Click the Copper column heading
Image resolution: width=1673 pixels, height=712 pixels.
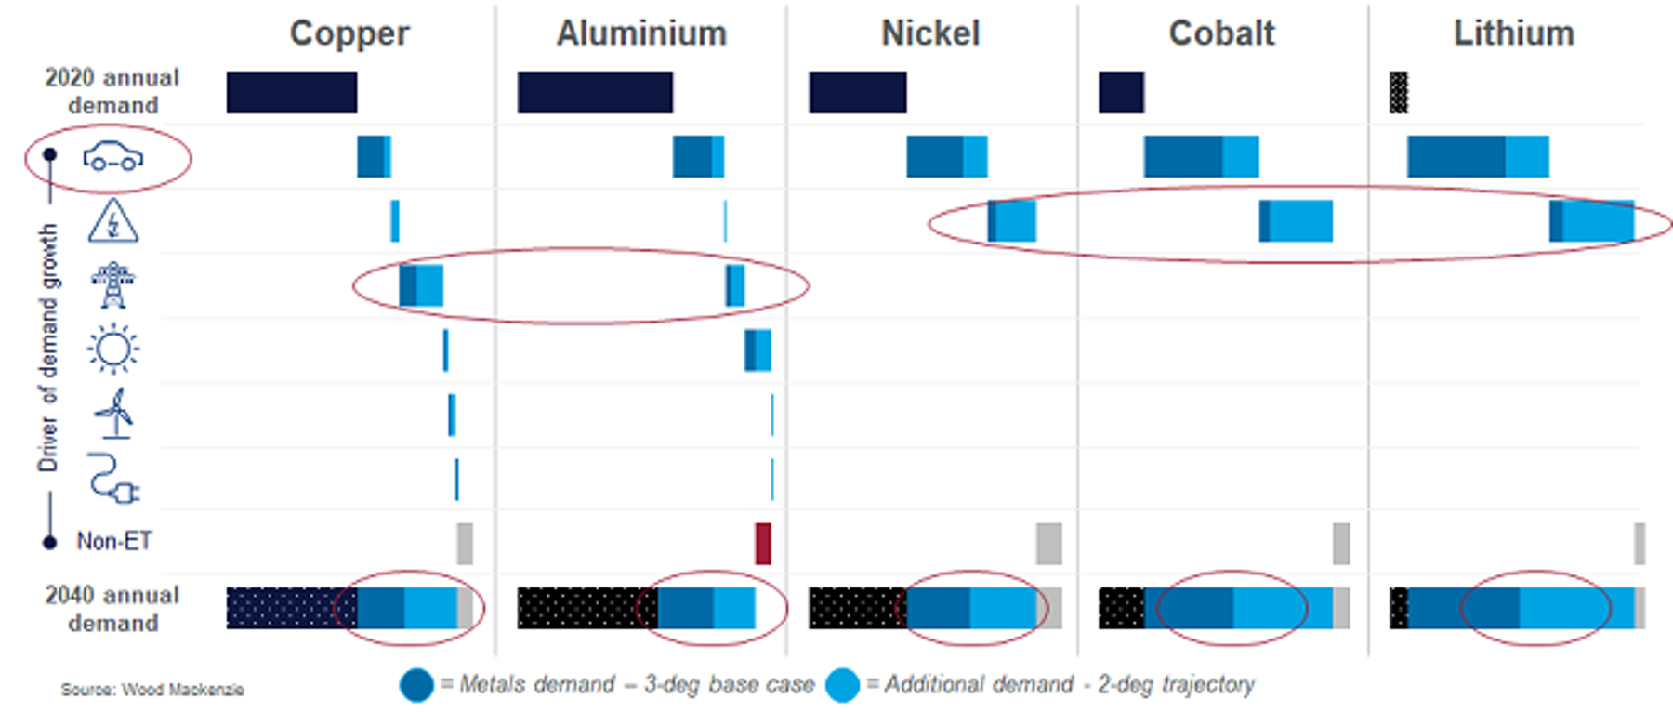[x=349, y=33]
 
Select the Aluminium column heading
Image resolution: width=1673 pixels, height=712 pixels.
[x=641, y=33]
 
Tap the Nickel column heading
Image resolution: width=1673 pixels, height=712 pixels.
[x=930, y=33]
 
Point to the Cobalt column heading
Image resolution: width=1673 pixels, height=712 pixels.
[x=1221, y=33]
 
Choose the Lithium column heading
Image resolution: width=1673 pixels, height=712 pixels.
[x=1514, y=33]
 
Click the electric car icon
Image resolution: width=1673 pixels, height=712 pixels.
[x=113, y=158]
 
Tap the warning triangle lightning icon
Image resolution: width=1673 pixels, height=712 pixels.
[x=113, y=221]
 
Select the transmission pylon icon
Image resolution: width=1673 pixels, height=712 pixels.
[x=113, y=284]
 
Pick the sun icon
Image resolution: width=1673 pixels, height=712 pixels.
[x=113, y=349]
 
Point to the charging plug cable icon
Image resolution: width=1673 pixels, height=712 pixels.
[x=113, y=479]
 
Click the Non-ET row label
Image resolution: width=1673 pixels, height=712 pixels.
[x=113, y=541]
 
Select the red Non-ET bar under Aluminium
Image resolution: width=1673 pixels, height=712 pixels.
[x=763, y=544]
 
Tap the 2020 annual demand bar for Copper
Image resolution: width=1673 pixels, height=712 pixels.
[x=292, y=93]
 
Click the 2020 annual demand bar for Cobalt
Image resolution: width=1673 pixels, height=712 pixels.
[x=1121, y=93]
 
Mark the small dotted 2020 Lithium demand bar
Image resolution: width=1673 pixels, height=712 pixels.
[x=1399, y=93]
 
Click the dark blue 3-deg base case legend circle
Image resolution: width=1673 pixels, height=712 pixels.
[x=416, y=685]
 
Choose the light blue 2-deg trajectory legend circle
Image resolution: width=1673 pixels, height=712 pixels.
[x=842, y=685]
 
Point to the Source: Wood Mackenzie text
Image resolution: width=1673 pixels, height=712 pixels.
[x=152, y=690]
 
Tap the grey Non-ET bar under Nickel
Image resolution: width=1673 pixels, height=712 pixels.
[x=1048, y=544]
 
